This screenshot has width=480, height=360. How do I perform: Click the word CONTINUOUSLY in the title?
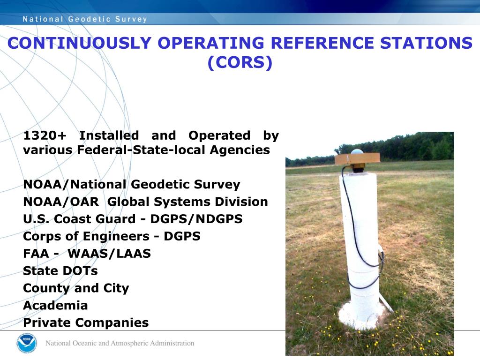[79, 43]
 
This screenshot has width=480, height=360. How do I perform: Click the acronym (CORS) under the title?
[240, 63]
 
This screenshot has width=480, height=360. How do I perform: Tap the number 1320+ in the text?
[45, 135]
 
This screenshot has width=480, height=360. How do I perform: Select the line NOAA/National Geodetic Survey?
[131, 185]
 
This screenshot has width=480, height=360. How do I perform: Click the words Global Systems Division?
[187, 202]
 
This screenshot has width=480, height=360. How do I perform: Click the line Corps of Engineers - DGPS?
[112, 236]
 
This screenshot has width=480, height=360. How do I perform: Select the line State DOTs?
[60, 271]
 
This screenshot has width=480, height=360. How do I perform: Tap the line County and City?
[76, 288]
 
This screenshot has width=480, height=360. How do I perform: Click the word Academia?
[55, 305]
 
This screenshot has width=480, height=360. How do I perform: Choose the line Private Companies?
[86, 322]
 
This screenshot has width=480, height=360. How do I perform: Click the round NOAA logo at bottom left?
[26, 343]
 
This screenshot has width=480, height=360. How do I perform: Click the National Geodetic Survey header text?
[85, 19]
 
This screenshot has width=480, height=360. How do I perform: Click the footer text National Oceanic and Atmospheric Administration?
[120, 343]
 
